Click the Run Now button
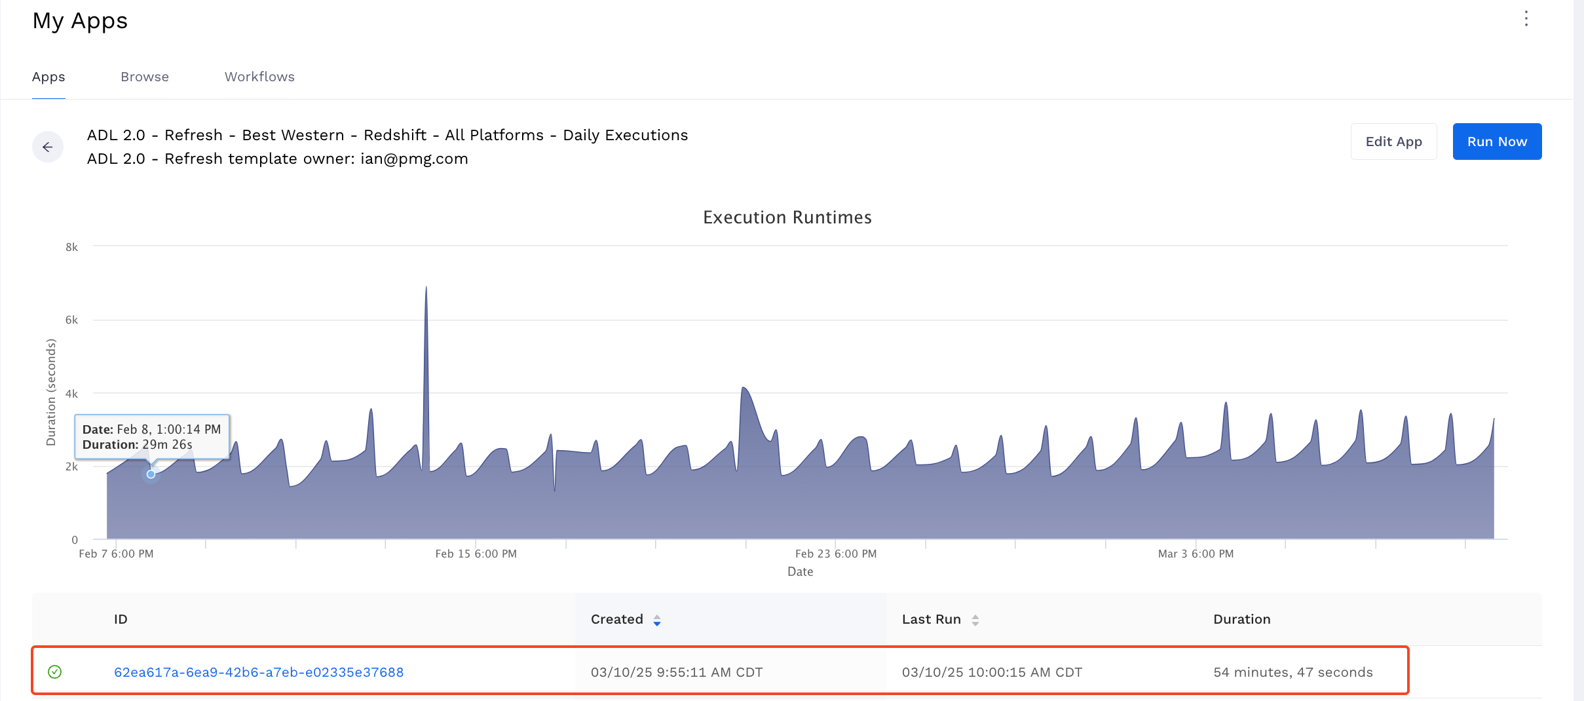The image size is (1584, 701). coord(1496,142)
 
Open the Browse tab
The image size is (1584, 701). coord(145,77)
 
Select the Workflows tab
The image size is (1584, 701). coord(259,77)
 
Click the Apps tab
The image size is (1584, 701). coord(48,77)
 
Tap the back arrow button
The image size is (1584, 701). coord(48,147)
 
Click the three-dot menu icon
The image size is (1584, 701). coord(1526,19)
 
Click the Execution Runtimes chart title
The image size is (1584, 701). coord(787,218)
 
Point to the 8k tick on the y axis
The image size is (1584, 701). coord(71,247)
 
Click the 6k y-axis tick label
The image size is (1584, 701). coord(71,320)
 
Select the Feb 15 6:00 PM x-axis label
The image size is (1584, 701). coord(476,554)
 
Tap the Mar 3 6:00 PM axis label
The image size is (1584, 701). coord(1196,554)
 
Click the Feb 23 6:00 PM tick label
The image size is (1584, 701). coord(835,554)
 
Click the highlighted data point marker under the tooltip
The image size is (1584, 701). coord(151,474)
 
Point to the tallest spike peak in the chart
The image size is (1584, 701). coord(426,288)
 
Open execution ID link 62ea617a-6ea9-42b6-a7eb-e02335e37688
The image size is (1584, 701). coord(259,672)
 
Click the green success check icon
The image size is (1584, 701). coord(55,672)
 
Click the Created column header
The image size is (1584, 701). coord(617,619)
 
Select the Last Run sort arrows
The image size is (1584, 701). coord(975,620)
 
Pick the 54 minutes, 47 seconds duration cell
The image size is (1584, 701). coord(1292,672)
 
